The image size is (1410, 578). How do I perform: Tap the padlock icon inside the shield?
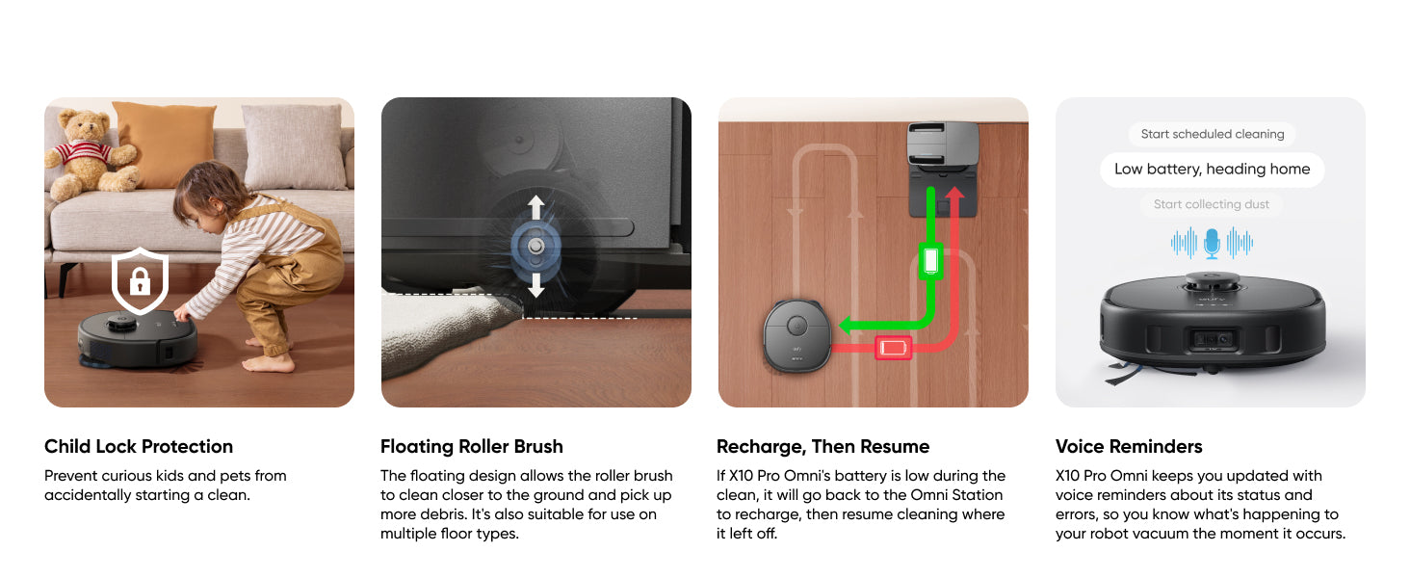pyautogui.click(x=140, y=281)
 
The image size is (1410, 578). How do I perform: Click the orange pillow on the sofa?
pyautogui.click(x=165, y=144)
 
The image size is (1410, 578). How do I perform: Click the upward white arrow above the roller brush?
pyautogui.click(x=535, y=207)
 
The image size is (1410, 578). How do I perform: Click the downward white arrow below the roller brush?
pyautogui.click(x=535, y=285)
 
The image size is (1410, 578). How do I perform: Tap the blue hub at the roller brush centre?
pyautogui.click(x=535, y=247)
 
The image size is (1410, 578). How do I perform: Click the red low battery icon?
pyautogui.click(x=893, y=348)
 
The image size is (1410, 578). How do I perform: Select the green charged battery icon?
pyautogui.click(x=930, y=261)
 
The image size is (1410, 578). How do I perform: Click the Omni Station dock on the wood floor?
pyautogui.click(x=943, y=170)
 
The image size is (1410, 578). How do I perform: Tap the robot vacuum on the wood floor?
pyautogui.click(x=796, y=335)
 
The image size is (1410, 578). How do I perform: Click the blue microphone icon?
pyautogui.click(x=1212, y=243)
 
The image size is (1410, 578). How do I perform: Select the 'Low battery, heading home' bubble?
pyautogui.click(x=1212, y=170)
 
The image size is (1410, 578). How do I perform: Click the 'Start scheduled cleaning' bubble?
pyautogui.click(x=1213, y=134)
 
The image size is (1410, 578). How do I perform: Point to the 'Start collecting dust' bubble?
pyautogui.click(x=1211, y=204)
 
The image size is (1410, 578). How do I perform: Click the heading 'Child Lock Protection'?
pyautogui.click(x=139, y=446)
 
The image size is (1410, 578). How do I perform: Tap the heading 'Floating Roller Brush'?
pyautogui.click(x=472, y=446)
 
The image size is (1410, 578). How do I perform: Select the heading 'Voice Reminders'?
pyautogui.click(x=1129, y=446)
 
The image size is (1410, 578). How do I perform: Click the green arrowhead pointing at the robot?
pyautogui.click(x=847, y=325)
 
